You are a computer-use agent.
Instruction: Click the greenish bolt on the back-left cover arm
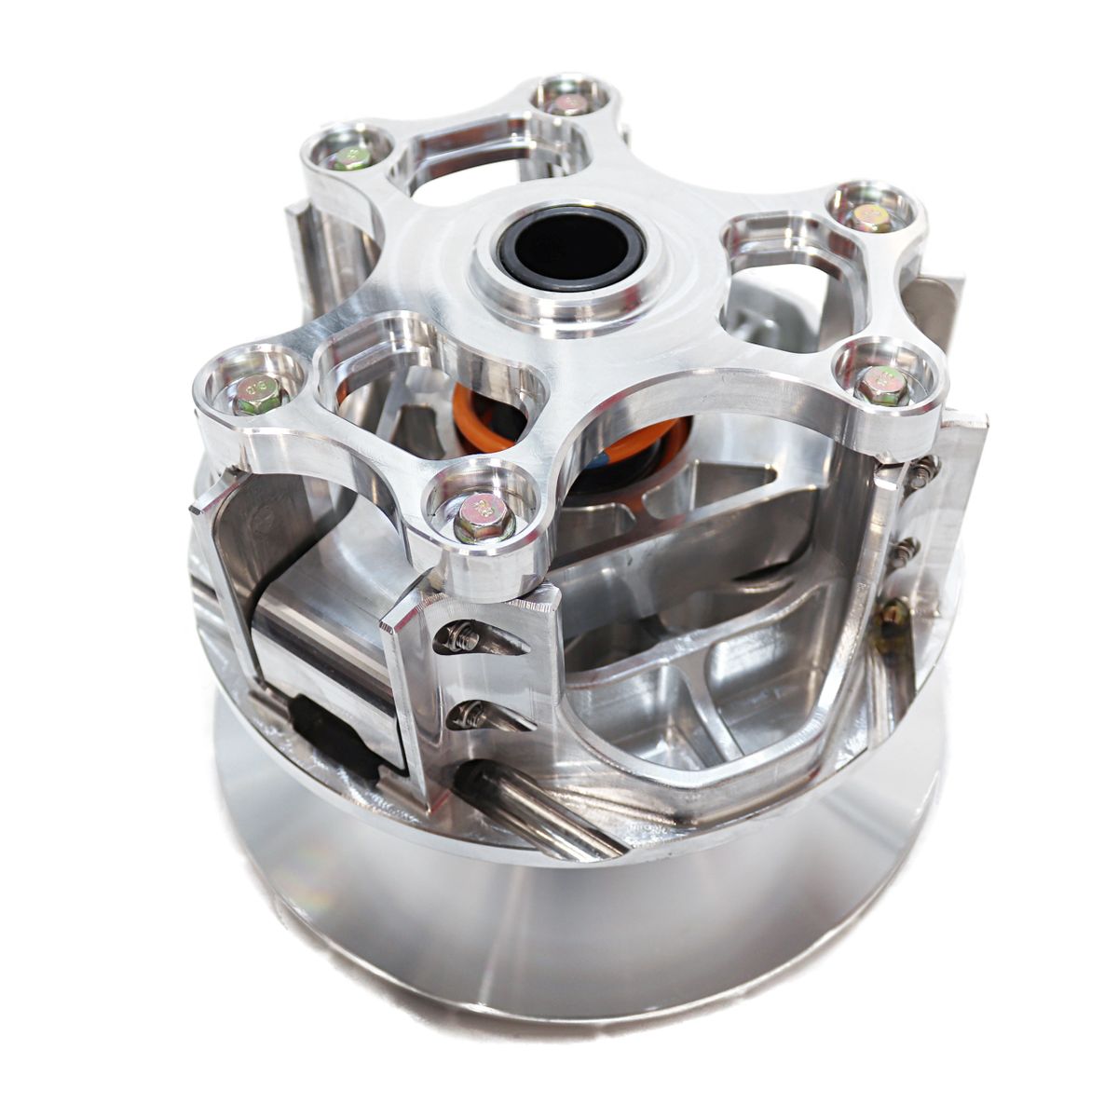point(350,158)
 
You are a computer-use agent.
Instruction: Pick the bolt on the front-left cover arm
point(252,395)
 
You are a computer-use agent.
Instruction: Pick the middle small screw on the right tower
point(903,550)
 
